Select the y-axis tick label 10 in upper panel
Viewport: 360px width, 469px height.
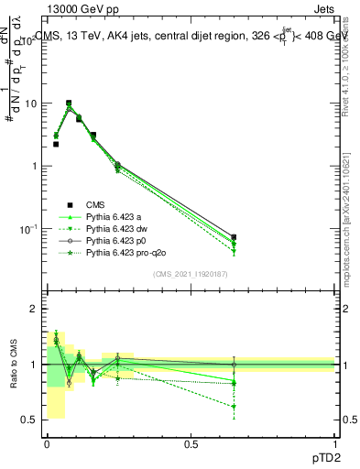32,104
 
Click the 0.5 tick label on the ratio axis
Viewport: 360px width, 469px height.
32,420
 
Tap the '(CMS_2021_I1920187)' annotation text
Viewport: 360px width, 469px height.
190,274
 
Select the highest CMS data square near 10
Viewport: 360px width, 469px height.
68,104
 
